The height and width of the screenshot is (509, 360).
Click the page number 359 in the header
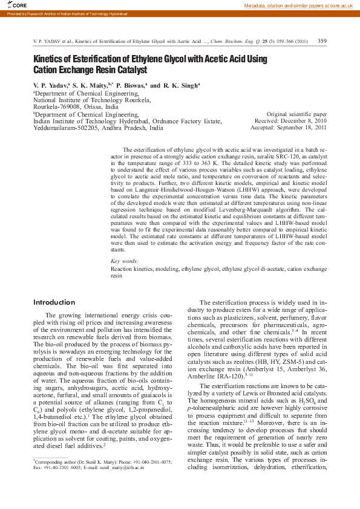coord(322,41)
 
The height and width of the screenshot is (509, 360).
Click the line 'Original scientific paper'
coord(296,114)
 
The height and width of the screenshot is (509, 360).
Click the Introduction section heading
coord(54,302)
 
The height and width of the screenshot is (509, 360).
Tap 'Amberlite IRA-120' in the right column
coord(214,375)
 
